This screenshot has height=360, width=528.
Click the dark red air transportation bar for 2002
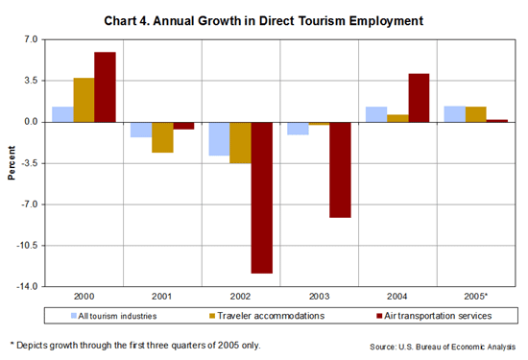click(262, 197)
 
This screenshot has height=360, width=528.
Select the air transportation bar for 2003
click(341, 169)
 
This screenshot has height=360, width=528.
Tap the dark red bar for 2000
click(105, 86)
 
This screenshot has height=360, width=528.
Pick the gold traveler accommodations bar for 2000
click(84, 100)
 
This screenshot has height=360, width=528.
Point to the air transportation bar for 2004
click(419, 97)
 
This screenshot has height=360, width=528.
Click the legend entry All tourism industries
click(110, 315)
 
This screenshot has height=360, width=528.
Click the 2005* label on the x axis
click(477, 297)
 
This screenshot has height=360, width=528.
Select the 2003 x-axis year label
click(320, 297)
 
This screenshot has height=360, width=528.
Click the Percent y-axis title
click(12, 162)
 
